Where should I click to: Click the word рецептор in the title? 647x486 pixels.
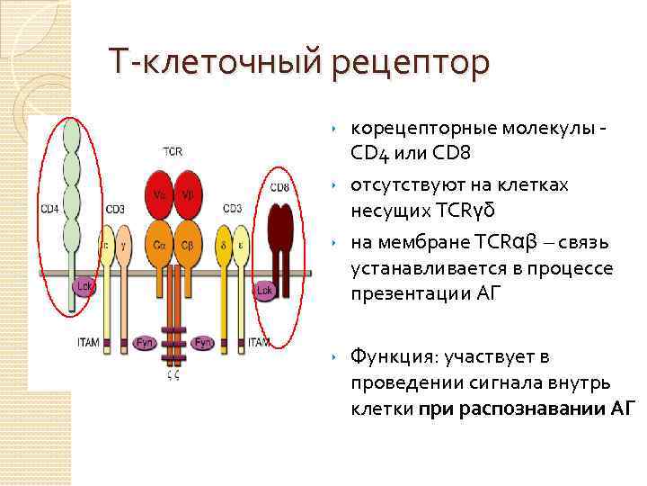(412, 63)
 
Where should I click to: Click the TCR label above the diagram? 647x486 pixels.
(173, 151)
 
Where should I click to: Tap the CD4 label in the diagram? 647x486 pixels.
(49, 210)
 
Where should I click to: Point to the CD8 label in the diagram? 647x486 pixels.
(279, 187)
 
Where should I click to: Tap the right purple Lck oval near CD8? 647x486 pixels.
(264, 290)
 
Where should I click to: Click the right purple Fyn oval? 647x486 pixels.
(204, 342)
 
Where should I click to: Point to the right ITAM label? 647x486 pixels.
(260, 342)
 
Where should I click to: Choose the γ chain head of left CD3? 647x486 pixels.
(122, 243)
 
